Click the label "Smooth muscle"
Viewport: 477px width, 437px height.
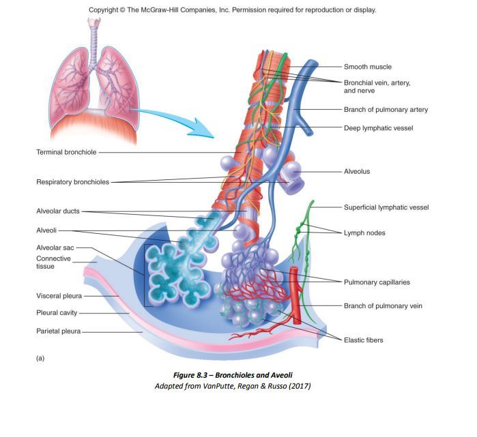(367, 67)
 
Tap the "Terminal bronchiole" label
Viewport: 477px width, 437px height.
(66, 151)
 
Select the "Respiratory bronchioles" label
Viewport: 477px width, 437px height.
(72, 182)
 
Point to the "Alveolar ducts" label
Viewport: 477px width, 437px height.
(58, 211)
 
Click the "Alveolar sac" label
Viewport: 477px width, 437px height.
(55, 247)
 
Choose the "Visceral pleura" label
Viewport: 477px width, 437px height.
(59, 296)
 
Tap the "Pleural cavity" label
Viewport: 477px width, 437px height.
(57, 313)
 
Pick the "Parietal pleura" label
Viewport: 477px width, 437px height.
(58, 331)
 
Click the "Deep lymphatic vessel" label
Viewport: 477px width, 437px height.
(378, 127)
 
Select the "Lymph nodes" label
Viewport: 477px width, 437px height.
(364, 233)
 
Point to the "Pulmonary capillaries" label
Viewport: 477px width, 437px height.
(377, 282)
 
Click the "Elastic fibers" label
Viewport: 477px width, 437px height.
(363, 340)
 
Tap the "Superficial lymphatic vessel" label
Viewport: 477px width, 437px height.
(386, 207)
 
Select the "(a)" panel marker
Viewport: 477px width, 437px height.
(40, 358)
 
